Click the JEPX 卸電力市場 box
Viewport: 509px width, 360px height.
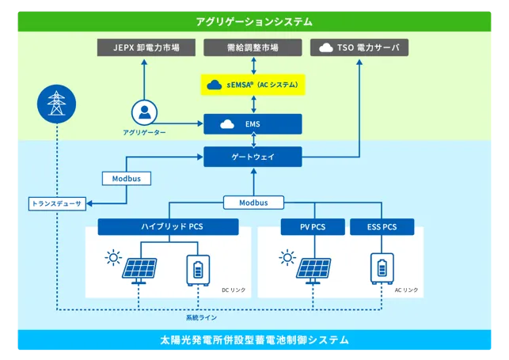pos(146,47)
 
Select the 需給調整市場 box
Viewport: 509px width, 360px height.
pos(253,47)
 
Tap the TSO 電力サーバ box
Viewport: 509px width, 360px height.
pos(359,47)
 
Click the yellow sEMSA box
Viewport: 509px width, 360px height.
pos(253,85)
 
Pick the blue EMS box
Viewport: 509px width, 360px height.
pos(253,124)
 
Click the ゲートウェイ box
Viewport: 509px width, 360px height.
pos(253,157)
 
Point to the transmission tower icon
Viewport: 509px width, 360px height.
pos(56,104)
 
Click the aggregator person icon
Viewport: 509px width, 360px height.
pos(144,112)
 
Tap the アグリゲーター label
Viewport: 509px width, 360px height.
pos(144,132)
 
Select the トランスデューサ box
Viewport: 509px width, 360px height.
pos(57,203)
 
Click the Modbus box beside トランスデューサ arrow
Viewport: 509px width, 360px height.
pos(127,178)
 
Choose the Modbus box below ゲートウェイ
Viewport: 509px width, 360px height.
pos(253,203)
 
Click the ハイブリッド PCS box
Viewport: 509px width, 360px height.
pos(168,226)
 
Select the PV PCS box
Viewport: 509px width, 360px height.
pos(313,227)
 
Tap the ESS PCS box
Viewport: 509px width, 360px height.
pos(382,227)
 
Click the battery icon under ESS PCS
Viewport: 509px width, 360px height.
pos(382,268)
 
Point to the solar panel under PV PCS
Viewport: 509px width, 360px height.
pos(313,270)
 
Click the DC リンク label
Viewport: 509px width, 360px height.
pos(234,290)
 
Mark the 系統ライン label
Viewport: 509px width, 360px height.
pos(201,317)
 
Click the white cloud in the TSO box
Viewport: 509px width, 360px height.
pos(326,47)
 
